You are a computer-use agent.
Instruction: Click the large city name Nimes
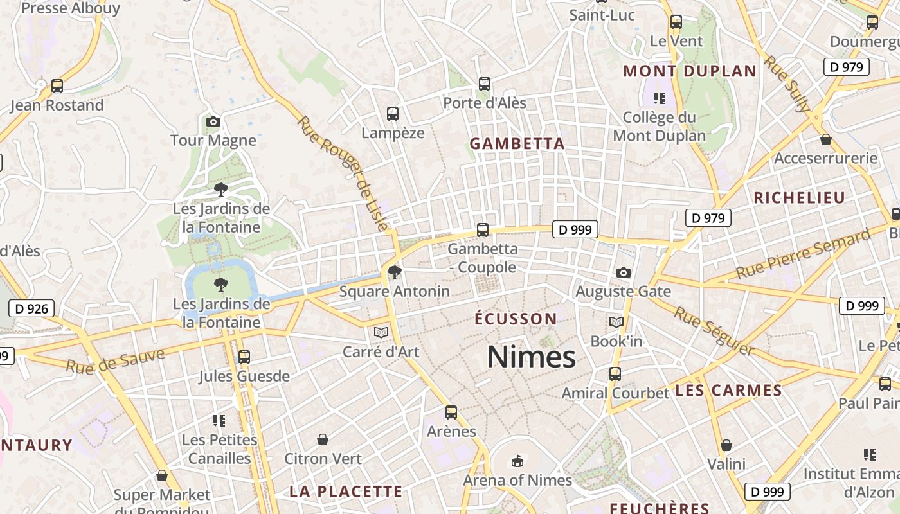tap(531, 357)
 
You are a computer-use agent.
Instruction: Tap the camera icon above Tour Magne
tap(213, 121)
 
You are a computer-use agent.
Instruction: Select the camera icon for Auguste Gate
tap(623, 272)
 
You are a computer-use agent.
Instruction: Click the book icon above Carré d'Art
tap(381, 332)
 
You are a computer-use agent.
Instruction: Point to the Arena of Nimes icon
tap(517, 461)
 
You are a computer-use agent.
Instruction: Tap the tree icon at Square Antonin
tap(395, 272)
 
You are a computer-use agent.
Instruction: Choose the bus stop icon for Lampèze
tap(393, 114)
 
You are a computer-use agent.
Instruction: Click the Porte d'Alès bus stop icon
tap(485, 84)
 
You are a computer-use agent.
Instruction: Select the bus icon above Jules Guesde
tap(244, 357)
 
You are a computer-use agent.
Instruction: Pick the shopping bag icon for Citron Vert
tap(323, 439)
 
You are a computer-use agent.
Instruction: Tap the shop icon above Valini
tap(726, 445)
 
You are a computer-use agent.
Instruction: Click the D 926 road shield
tap(32, 308)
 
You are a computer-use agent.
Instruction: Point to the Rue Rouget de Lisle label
tap(345, 174)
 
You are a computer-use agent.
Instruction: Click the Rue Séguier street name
tap(714, 330)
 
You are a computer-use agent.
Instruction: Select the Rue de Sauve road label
tap(115, 361)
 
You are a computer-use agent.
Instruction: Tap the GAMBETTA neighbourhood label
tap(517, 144)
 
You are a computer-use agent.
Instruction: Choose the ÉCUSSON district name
tap(516, 319)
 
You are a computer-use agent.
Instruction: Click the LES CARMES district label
tap(728, 391)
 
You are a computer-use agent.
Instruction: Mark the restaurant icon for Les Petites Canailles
tap(219, 421)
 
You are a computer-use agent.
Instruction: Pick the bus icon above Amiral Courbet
tap(615, 373)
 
